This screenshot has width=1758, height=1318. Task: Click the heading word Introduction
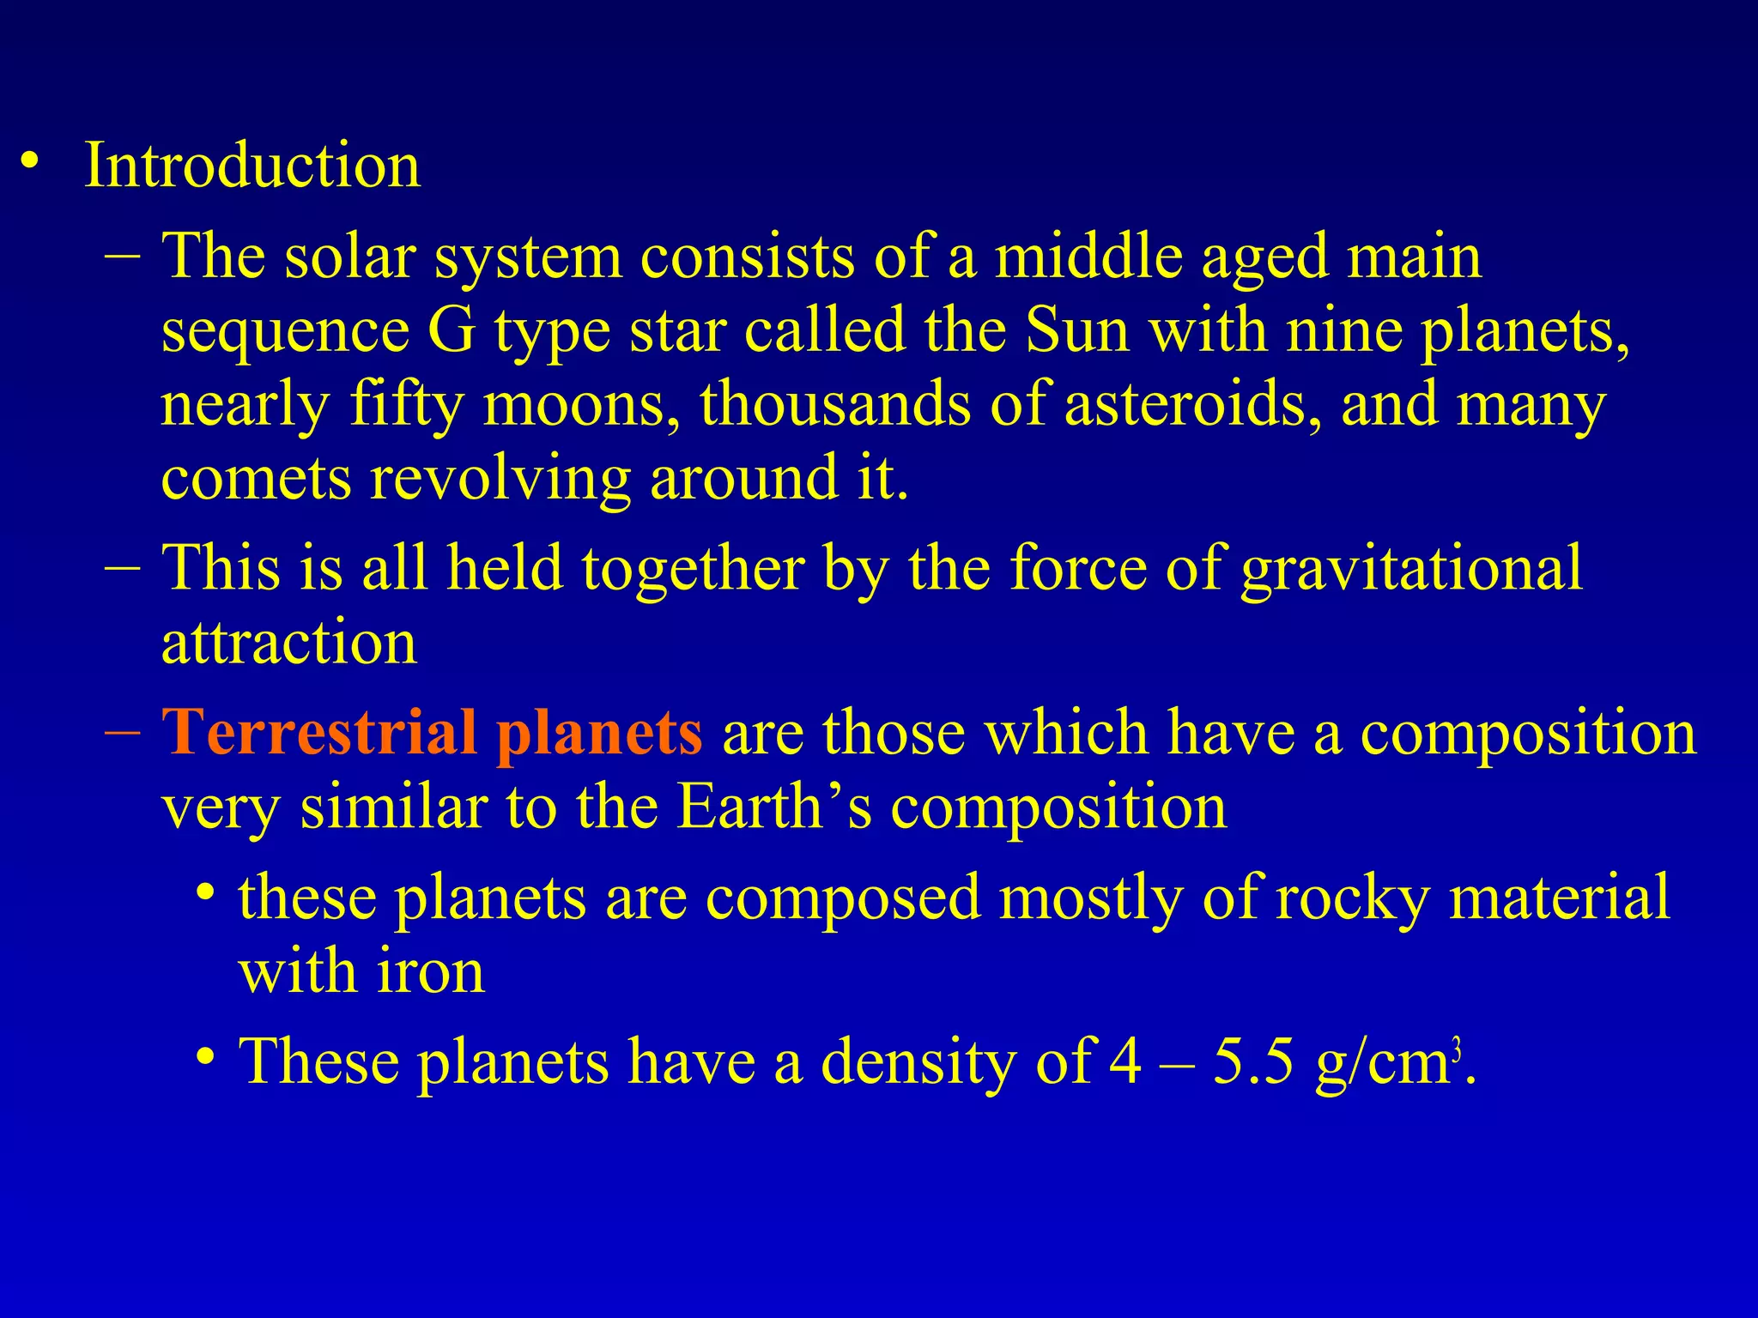252,165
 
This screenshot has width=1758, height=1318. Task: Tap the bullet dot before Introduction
31,161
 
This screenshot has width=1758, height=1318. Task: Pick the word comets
256,478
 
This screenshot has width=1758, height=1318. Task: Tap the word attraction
289,642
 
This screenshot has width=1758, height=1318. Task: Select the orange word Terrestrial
318,732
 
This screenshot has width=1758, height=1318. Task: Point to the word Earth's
773,807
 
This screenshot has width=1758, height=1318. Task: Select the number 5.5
1253,1061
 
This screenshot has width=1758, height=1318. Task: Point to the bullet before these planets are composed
204,892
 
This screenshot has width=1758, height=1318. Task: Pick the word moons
583,403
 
